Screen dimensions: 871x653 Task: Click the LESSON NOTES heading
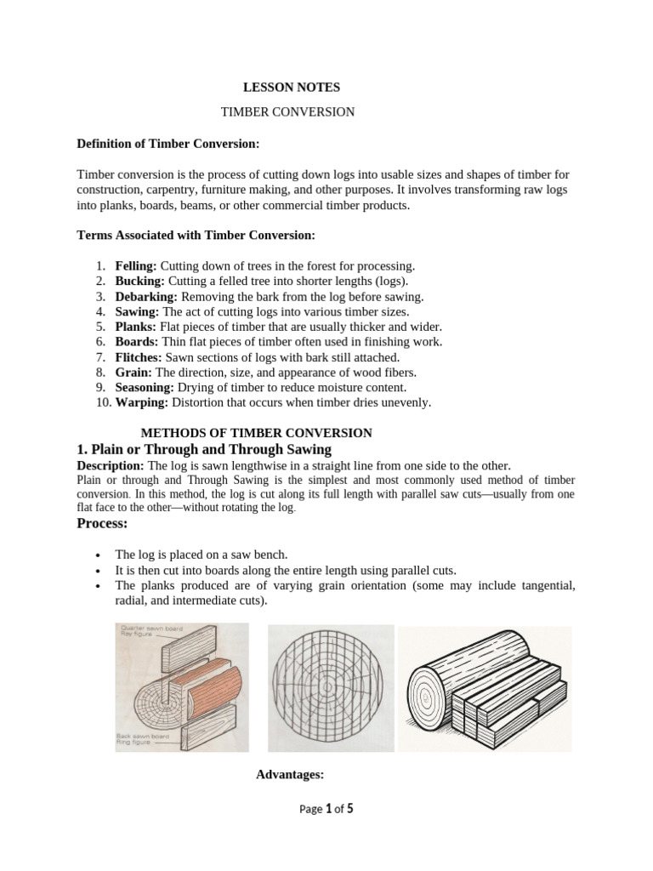280,88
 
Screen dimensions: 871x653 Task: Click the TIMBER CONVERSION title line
287,112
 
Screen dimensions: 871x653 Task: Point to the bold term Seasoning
145,387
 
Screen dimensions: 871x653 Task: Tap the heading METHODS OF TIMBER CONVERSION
255,433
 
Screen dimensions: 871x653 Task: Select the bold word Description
111,466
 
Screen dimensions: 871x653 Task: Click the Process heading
102,523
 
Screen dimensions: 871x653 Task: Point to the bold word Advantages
290,774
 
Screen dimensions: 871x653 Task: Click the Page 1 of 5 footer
326,809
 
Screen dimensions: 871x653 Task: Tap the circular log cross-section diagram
332,688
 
